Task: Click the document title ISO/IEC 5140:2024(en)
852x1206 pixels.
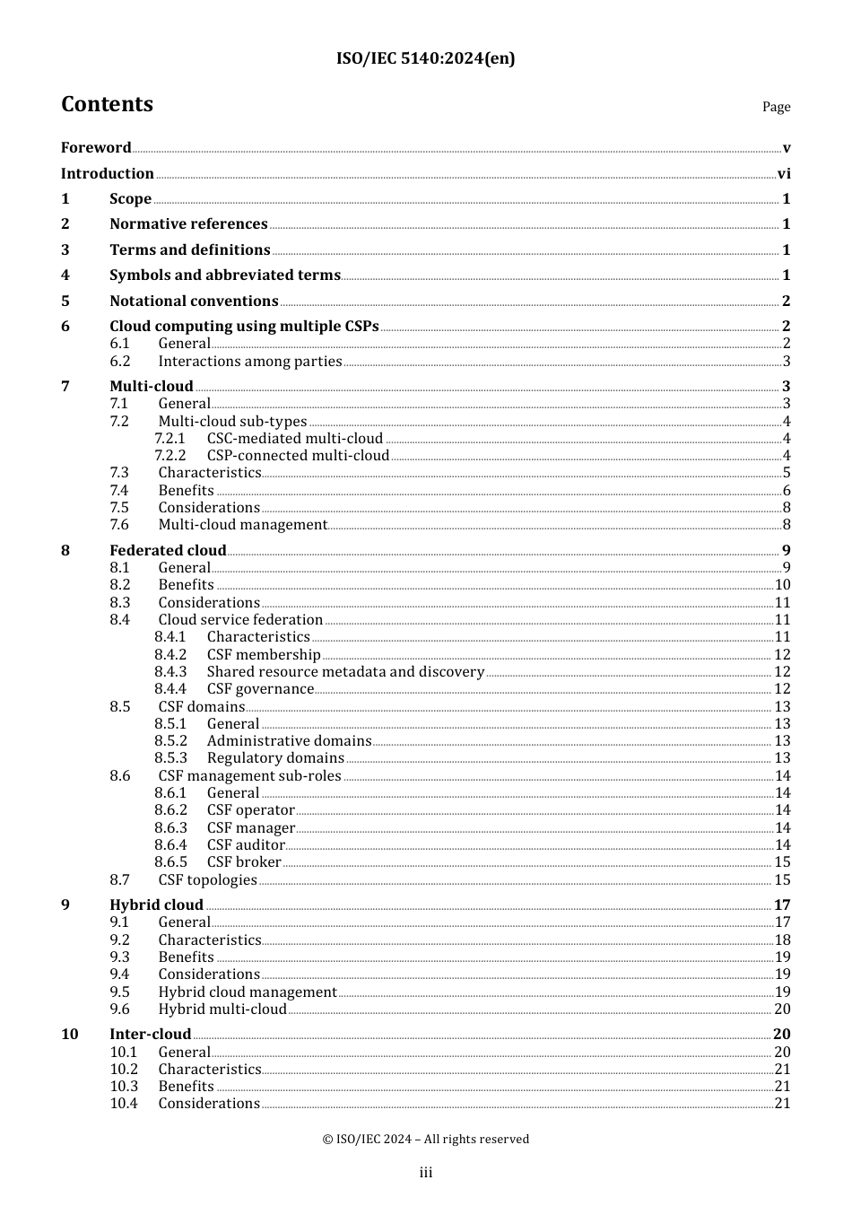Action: (x=425, y=59)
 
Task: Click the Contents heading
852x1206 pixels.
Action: (x=107, y=104)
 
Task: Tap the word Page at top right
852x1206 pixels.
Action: (x=776, y=107)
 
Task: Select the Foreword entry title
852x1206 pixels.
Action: (x=96, y=148)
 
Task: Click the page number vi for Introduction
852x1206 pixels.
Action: (x=784, y=174)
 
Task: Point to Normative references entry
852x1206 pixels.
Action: (x=188, y=224)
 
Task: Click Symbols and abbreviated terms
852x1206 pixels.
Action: (x=225, y=275)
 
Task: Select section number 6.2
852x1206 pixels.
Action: (x=120, y=362)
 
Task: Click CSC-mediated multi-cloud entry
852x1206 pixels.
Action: (x=295, y=439)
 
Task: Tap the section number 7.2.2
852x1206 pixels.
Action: (x=170, y=456)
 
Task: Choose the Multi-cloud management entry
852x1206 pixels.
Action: (x=243, y=525)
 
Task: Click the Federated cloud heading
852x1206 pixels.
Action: (x=168, y=551)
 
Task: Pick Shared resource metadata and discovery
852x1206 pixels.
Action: (x=345, y=672)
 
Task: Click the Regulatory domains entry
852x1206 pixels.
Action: (x=275, y=758)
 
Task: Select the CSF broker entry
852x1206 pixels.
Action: (x=244, y=862)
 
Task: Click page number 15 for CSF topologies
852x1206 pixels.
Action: (x=782, y=880)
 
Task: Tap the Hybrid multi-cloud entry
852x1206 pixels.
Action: (x=222, y=1009)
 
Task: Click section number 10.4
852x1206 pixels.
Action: (x=124, y=1104)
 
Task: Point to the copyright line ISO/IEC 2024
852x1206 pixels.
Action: (x=425, y=1140)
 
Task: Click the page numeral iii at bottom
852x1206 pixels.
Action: (x=426, y=1173)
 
